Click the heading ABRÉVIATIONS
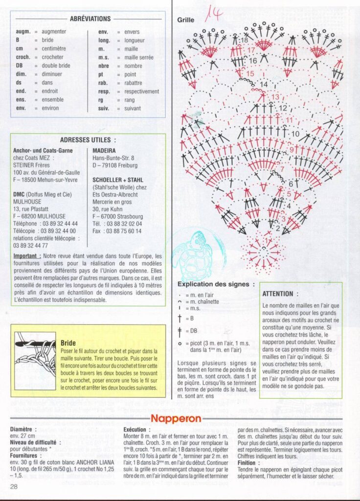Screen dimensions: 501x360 pos(90,19)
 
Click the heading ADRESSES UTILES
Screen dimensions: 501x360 pos(88,139)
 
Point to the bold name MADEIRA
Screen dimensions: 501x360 pos(104,150)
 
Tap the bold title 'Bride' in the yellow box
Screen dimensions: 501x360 pos(68,343)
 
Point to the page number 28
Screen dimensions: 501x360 pos(14,486)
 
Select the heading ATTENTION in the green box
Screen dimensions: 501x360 pos(277,294)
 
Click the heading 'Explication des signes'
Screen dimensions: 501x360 pos(216,284)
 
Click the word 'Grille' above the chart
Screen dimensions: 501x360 pos(186,20)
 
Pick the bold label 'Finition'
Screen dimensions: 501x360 pos(247,462)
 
